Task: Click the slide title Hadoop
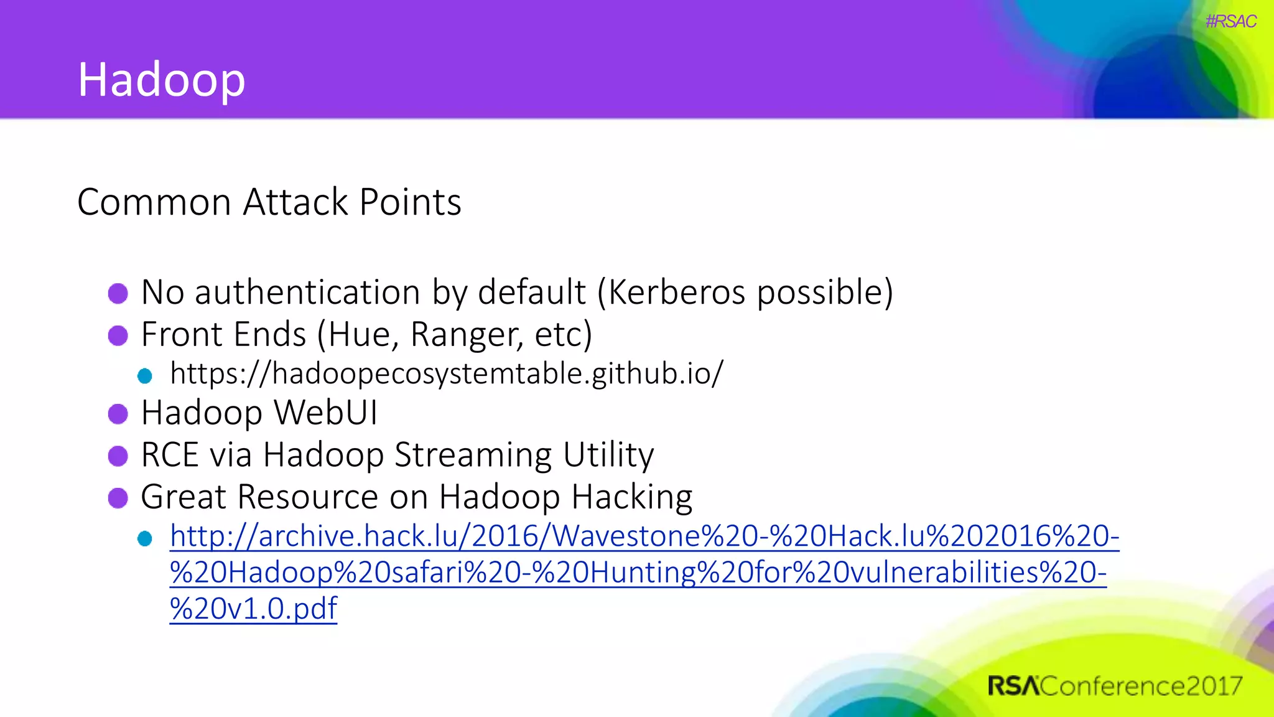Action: [161, 80]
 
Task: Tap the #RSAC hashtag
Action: [1230, 22]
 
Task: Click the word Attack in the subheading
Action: [295, 202]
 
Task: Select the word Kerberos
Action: [676, 292]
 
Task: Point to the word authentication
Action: [307, 293]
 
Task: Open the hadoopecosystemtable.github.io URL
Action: [447, 373]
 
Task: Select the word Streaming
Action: [473, 455]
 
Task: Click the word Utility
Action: [608, 455]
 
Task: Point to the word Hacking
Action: [631, 497]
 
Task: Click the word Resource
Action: [308, 497]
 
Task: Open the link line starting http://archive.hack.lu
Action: [644, 536]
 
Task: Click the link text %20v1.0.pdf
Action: [253, 608]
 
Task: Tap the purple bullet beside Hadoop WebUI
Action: [118, 414]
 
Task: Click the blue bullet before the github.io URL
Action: [145, 376]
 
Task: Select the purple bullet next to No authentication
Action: [118, 293]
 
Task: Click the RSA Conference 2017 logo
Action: [1114, 686]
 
